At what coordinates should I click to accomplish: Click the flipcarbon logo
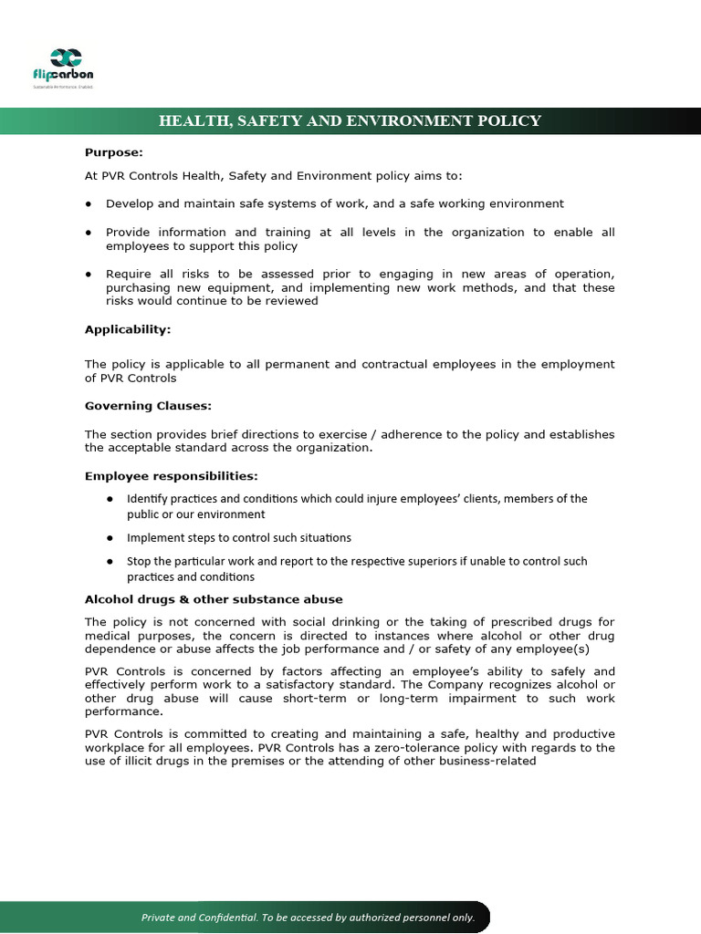(65, 67)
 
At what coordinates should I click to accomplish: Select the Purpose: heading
(114, 152)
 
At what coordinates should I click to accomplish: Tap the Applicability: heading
(128, 329)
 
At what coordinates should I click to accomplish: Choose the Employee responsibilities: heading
(172, 476)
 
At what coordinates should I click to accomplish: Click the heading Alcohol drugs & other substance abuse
(214, 599)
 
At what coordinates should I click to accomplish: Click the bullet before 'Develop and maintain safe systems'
(89, 204)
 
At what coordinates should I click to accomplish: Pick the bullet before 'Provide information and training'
(89, 233)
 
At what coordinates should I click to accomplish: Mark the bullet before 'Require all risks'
(89, 275)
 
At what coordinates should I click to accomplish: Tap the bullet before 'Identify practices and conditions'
(110, 499)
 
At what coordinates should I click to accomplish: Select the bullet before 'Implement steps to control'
(110, 538)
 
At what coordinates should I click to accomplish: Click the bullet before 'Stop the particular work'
(110, 562)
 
